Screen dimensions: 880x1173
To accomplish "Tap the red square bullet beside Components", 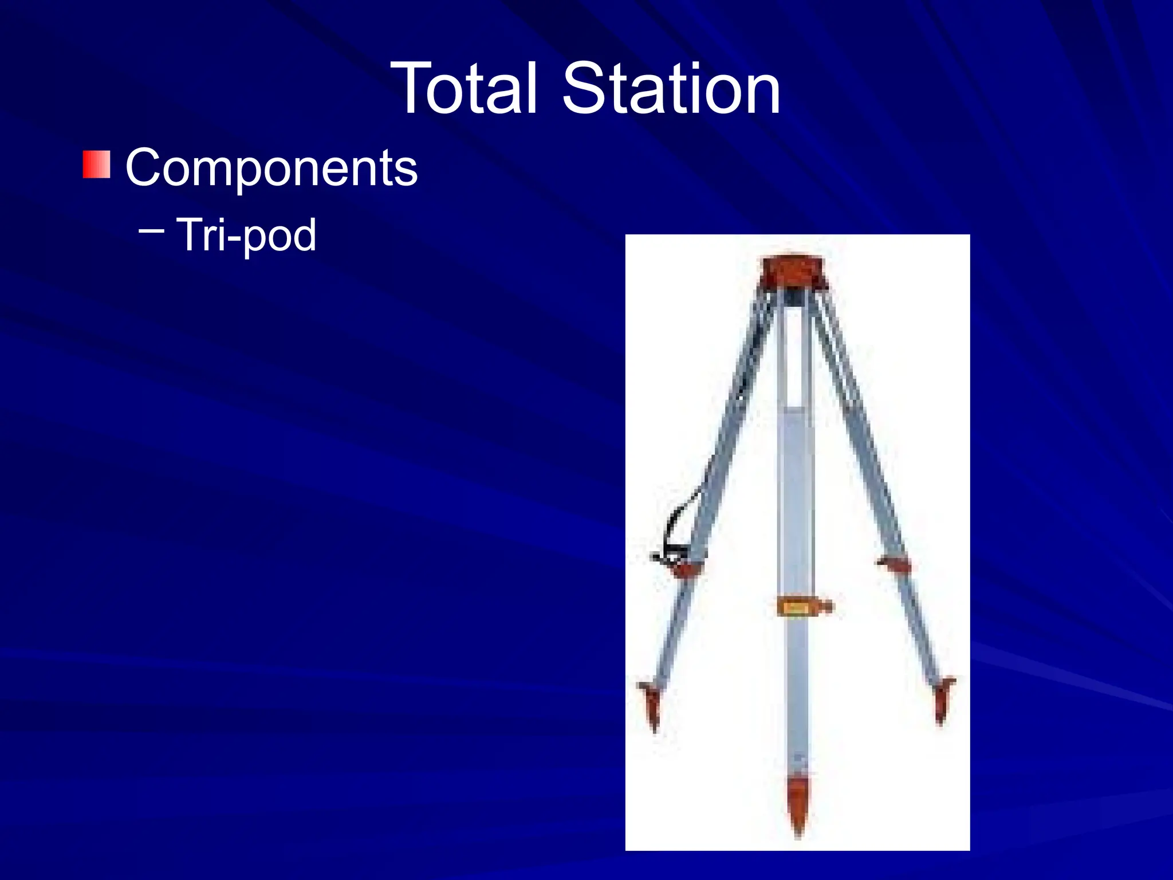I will coord(96,164).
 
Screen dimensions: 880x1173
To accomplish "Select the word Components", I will coord(271,167).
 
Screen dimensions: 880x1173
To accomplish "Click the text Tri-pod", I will coord(246,235).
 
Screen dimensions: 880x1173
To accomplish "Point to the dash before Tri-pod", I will coord(151,231).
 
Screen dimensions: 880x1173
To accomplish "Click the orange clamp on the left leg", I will coord(685,568).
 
